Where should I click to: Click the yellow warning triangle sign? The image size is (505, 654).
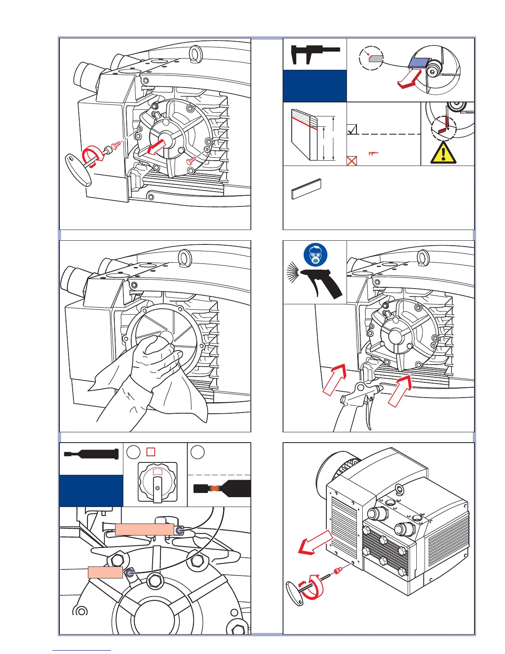click(x=443, y=152)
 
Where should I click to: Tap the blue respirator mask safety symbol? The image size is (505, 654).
click(x=316, y=255)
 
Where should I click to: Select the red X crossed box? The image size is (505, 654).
click(x=352, y=161)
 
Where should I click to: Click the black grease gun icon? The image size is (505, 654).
click(x=91, y=454)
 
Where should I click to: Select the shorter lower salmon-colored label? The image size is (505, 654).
click(x=105, y=572)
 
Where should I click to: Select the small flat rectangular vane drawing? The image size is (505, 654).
click(x=306, y=189)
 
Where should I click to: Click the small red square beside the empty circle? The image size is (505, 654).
click(x=151, y=452)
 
